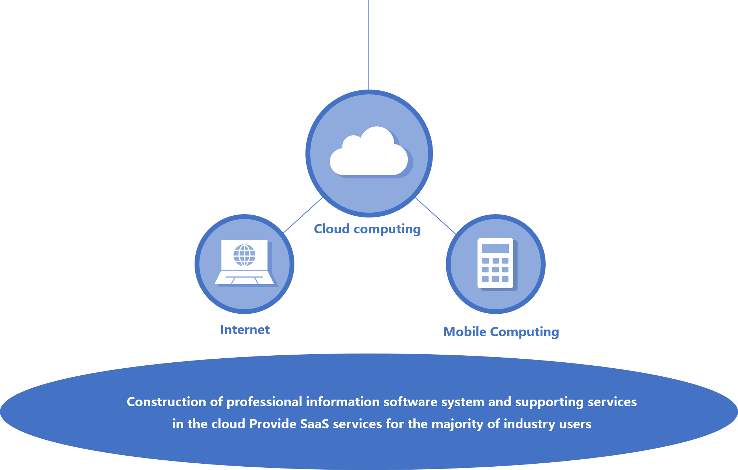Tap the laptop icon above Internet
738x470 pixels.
pyautogui.click(x=244, y=262)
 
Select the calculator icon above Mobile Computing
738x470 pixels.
pyautogui.click(x=496, y=263)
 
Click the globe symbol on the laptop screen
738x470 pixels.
pyautogui.click(x=244, y=255)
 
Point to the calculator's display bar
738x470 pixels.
pyautogui.click(x=495, y=248)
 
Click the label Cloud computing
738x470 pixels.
pyautogui.click(x=367, y=229)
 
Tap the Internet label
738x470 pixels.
pyautogui.click(x=245, y=330)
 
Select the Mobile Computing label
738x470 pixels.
pyautogui.click(x=501, y=332)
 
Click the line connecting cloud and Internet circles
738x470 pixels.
pyautogui.click(x=303, y=215)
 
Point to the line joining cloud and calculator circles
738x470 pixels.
pyautogui.click(x=436, y=216)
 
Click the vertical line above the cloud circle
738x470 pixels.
pyautogui.click(x=369, y=44)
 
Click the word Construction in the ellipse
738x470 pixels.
pyautogui.click(x=166, y=402)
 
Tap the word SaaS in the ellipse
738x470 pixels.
pyautogui.click(x=314, y=424)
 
